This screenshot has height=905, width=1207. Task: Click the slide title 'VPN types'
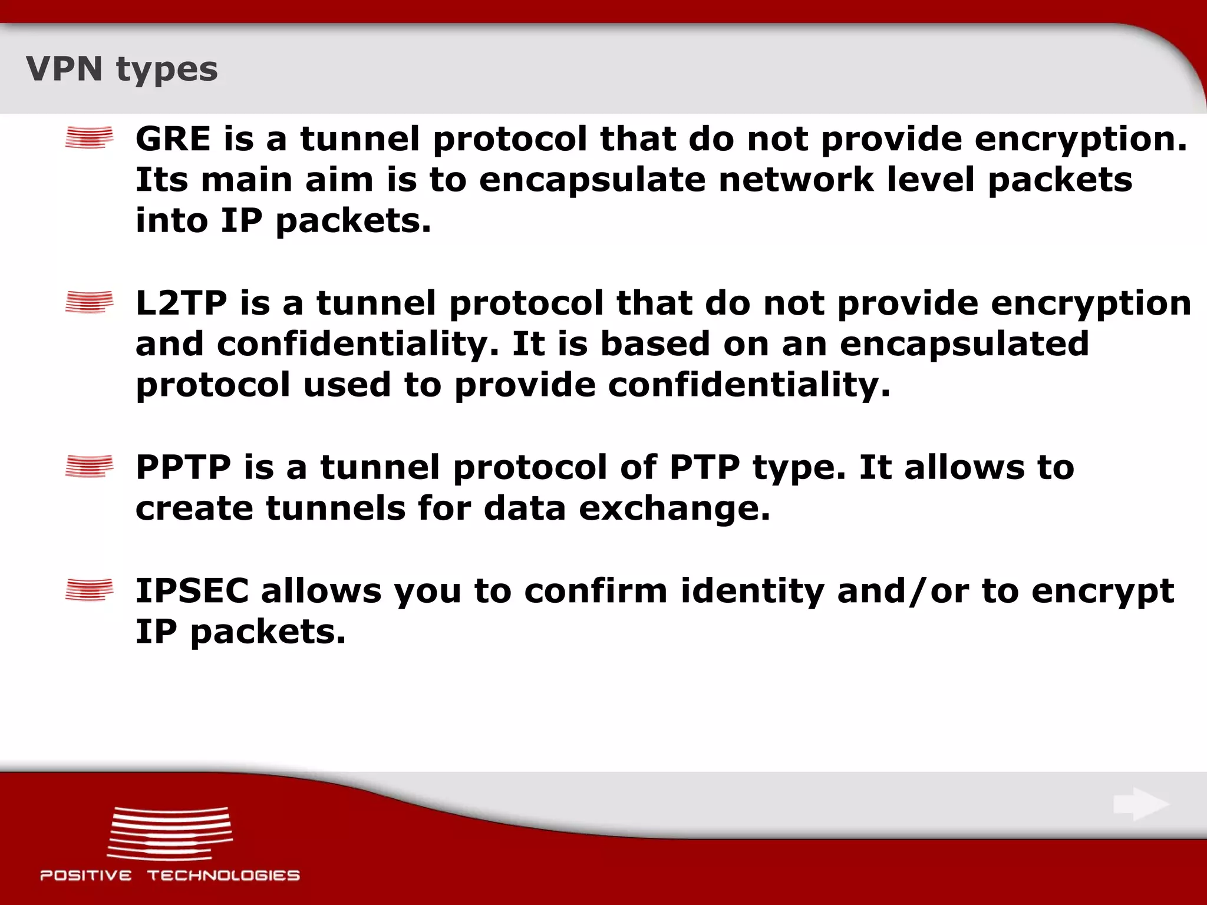121,70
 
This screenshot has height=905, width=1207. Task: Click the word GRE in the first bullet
173,140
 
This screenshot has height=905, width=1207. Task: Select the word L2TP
181,303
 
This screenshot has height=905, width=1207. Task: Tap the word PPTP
183,468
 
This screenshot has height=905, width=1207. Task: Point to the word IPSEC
192,591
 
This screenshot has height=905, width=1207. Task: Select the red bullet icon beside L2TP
89,302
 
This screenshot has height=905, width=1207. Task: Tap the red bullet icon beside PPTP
89,467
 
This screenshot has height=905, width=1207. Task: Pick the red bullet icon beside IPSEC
89,590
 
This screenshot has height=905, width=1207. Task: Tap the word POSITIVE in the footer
86,876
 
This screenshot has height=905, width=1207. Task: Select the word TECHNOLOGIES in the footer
223,876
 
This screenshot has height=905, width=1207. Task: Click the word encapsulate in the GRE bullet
592,181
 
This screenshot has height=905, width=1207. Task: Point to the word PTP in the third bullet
704,468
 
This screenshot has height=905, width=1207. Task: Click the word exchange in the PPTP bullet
674,509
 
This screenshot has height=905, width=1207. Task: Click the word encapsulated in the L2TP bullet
964,345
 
